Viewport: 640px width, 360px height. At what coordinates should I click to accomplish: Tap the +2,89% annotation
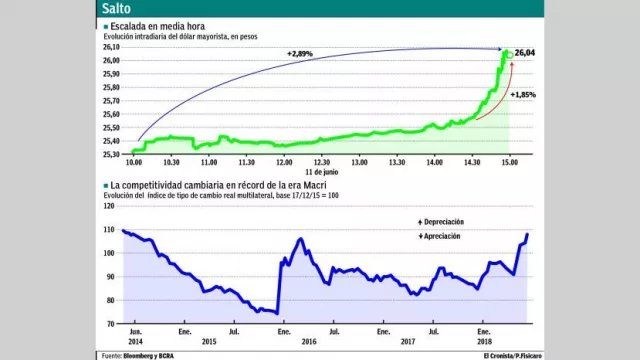click(x=301, y=52)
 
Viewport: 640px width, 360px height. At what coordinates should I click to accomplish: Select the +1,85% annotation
click(x=523, y=94)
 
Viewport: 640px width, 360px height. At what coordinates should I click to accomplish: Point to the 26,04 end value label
click(x=526, y=52)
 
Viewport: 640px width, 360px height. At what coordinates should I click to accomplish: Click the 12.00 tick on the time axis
click(x=284, y=161)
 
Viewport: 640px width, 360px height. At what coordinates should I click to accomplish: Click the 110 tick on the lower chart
click(x=110, y=230)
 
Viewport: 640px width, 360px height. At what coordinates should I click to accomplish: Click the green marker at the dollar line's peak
click(x=508, y=53)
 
